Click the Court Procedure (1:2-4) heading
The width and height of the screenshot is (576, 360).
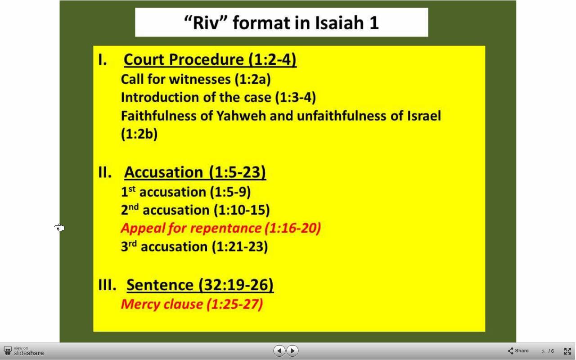tap(210, 60)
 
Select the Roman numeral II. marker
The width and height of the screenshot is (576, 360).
tap(105, 172)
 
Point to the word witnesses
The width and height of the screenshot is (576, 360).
tap(200, 79)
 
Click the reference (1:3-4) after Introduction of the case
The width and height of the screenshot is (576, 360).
tap(296, 98)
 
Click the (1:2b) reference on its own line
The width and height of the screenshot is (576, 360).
tap(139, 134)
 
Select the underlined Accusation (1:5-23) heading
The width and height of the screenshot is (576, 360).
tap(195, 172)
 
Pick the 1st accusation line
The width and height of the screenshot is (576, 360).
tap(186, 192)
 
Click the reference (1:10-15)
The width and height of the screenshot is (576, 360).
tap(242, 210)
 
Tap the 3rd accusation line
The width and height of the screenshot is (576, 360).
tap(194, 246)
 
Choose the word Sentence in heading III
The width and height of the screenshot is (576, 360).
tap(160, 285)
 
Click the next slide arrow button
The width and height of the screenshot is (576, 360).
tap(292, 351)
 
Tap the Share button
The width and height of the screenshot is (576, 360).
tap(518, 351)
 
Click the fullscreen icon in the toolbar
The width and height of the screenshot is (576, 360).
tap(567, 351)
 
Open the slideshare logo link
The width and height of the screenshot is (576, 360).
tap(24, 351)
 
